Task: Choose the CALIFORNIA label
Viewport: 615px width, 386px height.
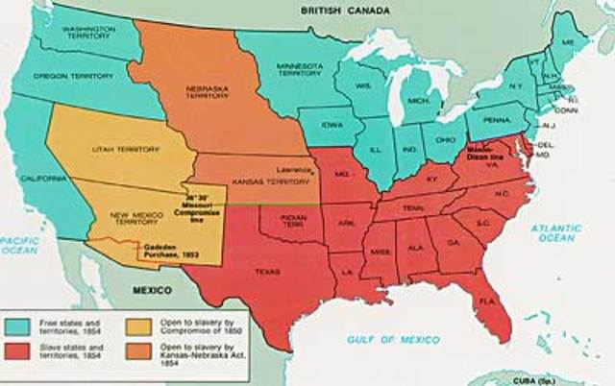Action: click(37, 179)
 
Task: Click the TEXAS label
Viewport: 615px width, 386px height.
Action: click(267, 272)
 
